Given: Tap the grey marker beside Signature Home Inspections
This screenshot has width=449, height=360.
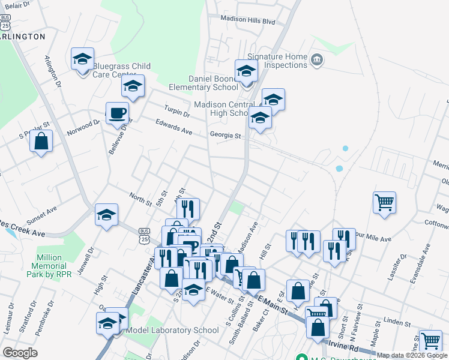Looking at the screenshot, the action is pos(317,60).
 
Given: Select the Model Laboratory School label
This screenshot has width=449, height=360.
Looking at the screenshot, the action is pos(173,331).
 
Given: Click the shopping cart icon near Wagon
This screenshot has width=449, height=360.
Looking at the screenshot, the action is pos(384,202).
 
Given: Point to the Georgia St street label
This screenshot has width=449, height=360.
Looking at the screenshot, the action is pos(225,136).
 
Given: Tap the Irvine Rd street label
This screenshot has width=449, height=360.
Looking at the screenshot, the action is pos(342,346).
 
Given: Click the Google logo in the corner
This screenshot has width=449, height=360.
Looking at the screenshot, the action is pos(20,353).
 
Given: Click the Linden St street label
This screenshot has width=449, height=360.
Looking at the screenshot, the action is pos(397,323).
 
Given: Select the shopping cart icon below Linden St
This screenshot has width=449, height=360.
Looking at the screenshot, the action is pos(430,341).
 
